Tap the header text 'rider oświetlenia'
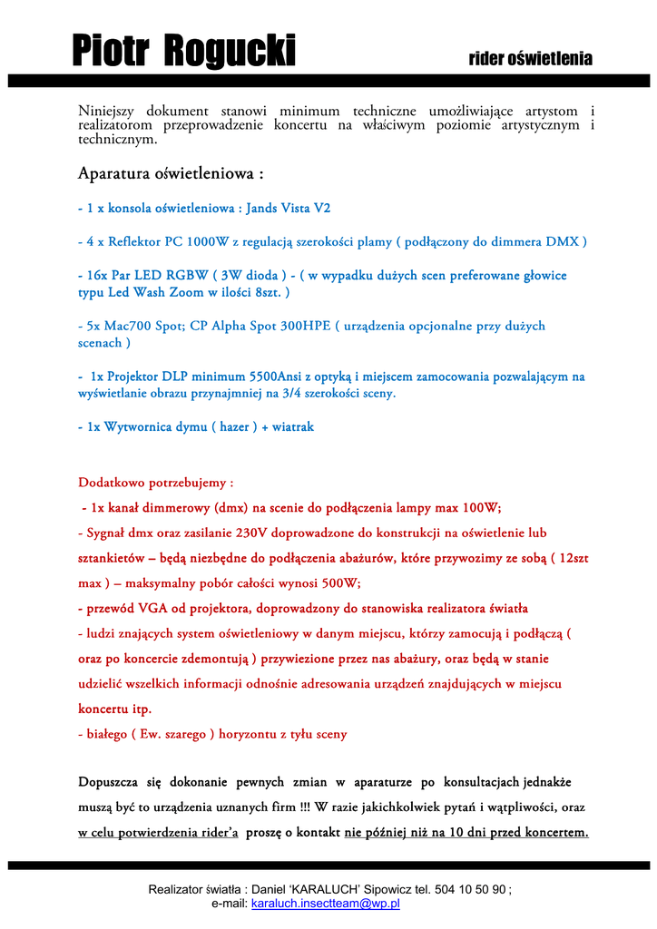(x=530, y=60)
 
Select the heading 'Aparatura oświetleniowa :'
(x=172, y=172)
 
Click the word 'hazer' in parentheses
(x=235, y=426)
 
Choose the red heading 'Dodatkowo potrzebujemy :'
(x=155, y=482)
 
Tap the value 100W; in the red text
(x=482, y=507)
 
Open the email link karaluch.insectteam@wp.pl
(x=326, y=904)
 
